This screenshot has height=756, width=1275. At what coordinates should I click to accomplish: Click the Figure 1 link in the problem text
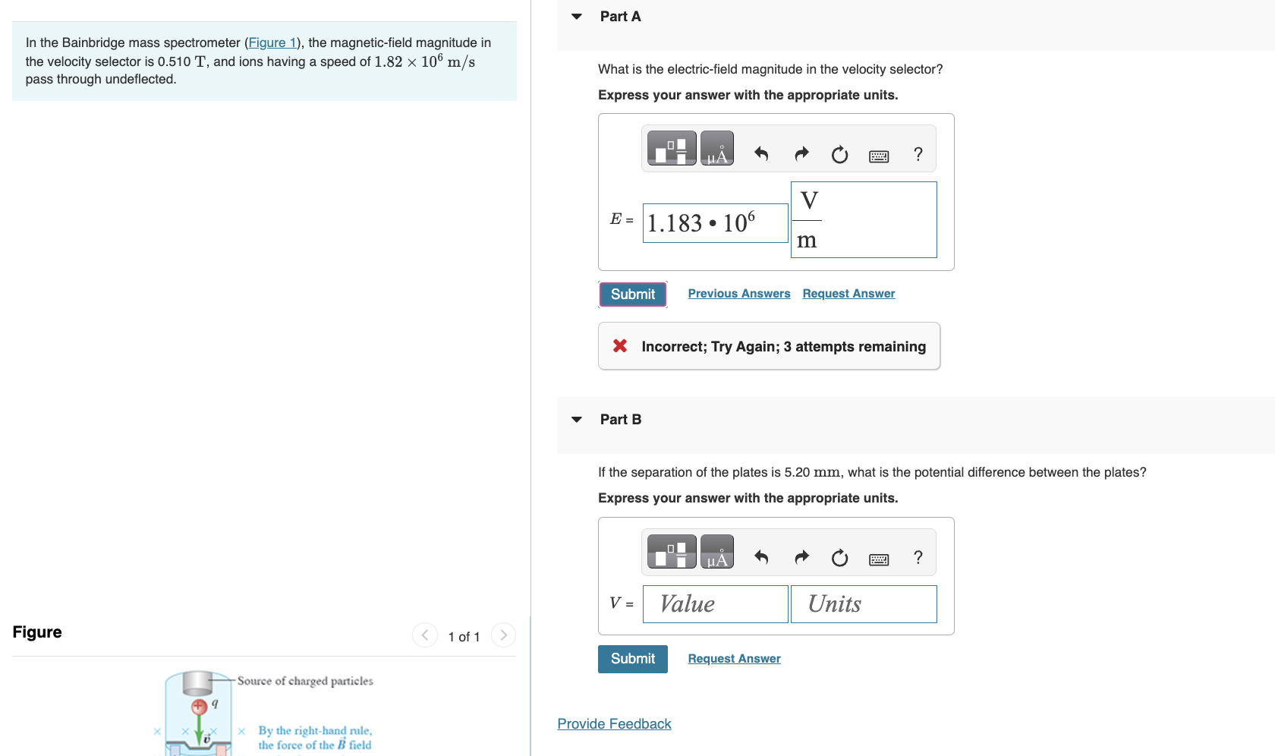click(x=272, y=43)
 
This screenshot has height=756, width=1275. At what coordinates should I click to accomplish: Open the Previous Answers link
click(x=738, y=294)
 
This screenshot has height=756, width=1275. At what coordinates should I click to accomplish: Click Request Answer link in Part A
click(x=848, y=294)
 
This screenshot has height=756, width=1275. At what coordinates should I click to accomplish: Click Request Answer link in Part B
click(x=734, y=659)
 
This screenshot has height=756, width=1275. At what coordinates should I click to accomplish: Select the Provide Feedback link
click(x=614, y=724)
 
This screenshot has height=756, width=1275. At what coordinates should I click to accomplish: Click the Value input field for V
click(x=715, y=604)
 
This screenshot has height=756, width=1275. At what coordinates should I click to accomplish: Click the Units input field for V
click(x=863, y=604)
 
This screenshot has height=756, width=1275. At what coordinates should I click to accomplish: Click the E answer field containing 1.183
click(x=715, y=223)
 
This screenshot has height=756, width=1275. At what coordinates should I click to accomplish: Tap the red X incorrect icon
click(x=620, y=346)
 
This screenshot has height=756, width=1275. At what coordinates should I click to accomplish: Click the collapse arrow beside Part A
click(x=577, y=17)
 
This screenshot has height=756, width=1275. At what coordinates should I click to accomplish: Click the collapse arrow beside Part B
click(x=577, y=420)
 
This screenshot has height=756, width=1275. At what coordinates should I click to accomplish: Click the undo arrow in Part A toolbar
click(x=761, y=154)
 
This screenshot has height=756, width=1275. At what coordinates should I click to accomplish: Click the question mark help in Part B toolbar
click(x=918, y=558)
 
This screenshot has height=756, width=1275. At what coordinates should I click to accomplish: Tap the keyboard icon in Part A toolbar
click(x=879, y=156)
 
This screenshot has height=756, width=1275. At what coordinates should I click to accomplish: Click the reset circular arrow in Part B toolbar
click(x=839, y=559)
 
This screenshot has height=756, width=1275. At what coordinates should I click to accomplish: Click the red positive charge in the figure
click(x=199, y=707)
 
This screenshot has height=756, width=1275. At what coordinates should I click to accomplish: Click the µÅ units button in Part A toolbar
click(x=716, y=149)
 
